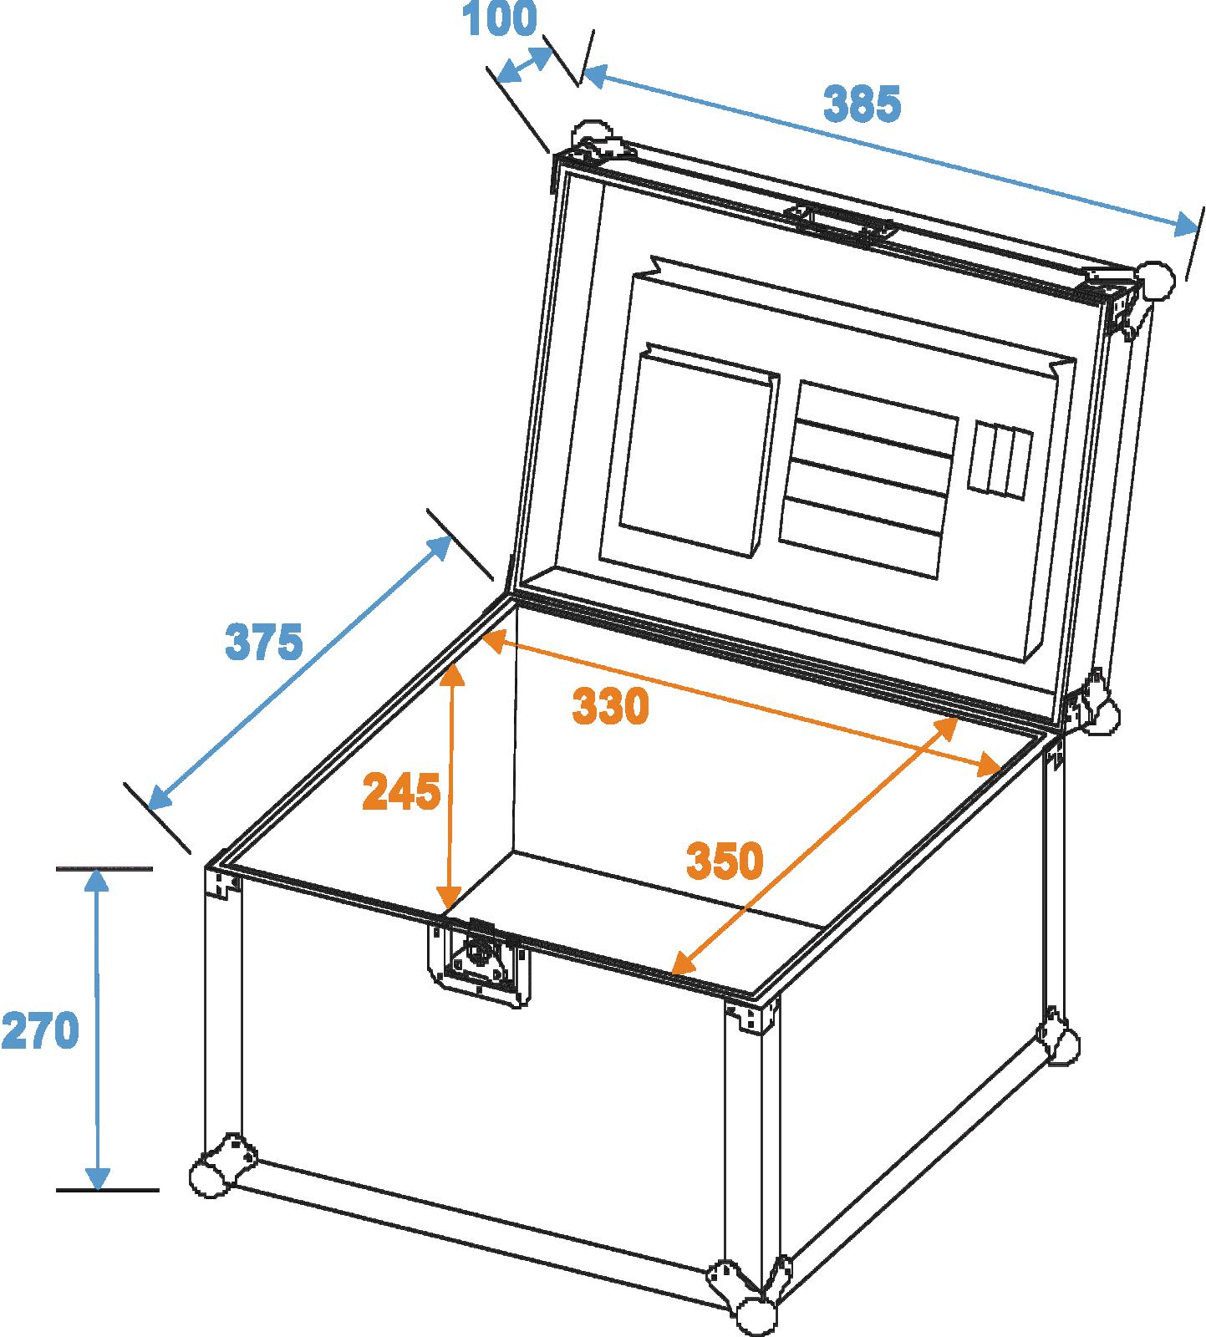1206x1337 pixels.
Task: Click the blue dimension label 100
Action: [x=501, y=19]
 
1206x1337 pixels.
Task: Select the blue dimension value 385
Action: [x=863, y=104]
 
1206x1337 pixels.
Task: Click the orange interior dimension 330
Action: [x=610, y=707]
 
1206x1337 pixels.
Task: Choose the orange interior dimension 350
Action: [x=725, y=861]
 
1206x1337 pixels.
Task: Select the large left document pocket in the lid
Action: [x=699, y=449]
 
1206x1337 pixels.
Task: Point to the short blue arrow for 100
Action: [x=525, y=65]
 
